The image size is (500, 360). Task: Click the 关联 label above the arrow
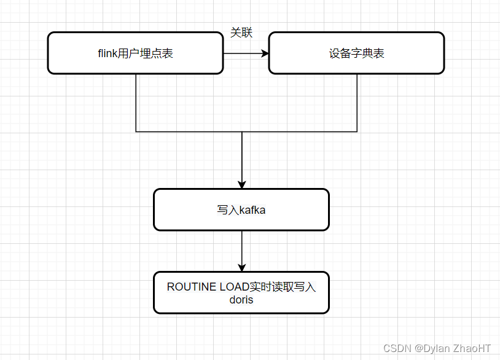pos(241,33)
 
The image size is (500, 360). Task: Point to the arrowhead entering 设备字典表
pos(265,53)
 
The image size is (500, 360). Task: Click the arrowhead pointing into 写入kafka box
pos(242,184)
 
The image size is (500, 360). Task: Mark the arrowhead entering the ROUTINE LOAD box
pos(242,268)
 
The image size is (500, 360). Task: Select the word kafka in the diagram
pos(252,210)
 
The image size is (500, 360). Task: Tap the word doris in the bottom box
pos(241,300)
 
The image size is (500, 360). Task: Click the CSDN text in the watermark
pos(397,348)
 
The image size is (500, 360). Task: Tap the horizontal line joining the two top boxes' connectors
pos(184,131)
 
